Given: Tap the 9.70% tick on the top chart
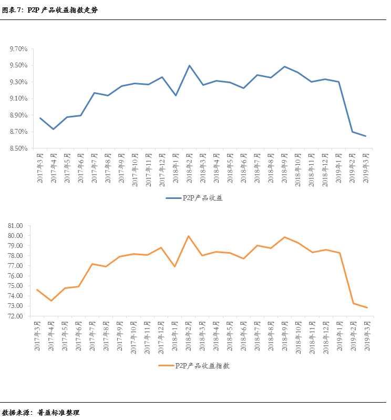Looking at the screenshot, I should point(18,49).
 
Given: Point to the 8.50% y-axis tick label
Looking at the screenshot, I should point(18,148).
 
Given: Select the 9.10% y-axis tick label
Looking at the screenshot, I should point(18,98).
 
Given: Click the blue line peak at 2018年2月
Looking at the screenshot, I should point(189,66).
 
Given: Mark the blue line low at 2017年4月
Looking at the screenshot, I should point(53,129).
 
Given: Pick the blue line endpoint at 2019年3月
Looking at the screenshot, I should point(366,136).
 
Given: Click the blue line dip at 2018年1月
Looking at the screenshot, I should point(176,95).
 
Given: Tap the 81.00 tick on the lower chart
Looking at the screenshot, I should point(16,225).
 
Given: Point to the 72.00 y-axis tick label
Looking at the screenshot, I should point(16,316).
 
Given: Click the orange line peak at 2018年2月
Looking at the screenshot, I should point(189,236).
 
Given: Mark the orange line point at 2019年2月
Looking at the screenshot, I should point(353,303).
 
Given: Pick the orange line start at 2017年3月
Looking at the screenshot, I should point(37,289).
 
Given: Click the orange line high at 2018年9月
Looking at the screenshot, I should point(285,237).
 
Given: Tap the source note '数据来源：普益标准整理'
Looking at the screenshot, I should point(41,412).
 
